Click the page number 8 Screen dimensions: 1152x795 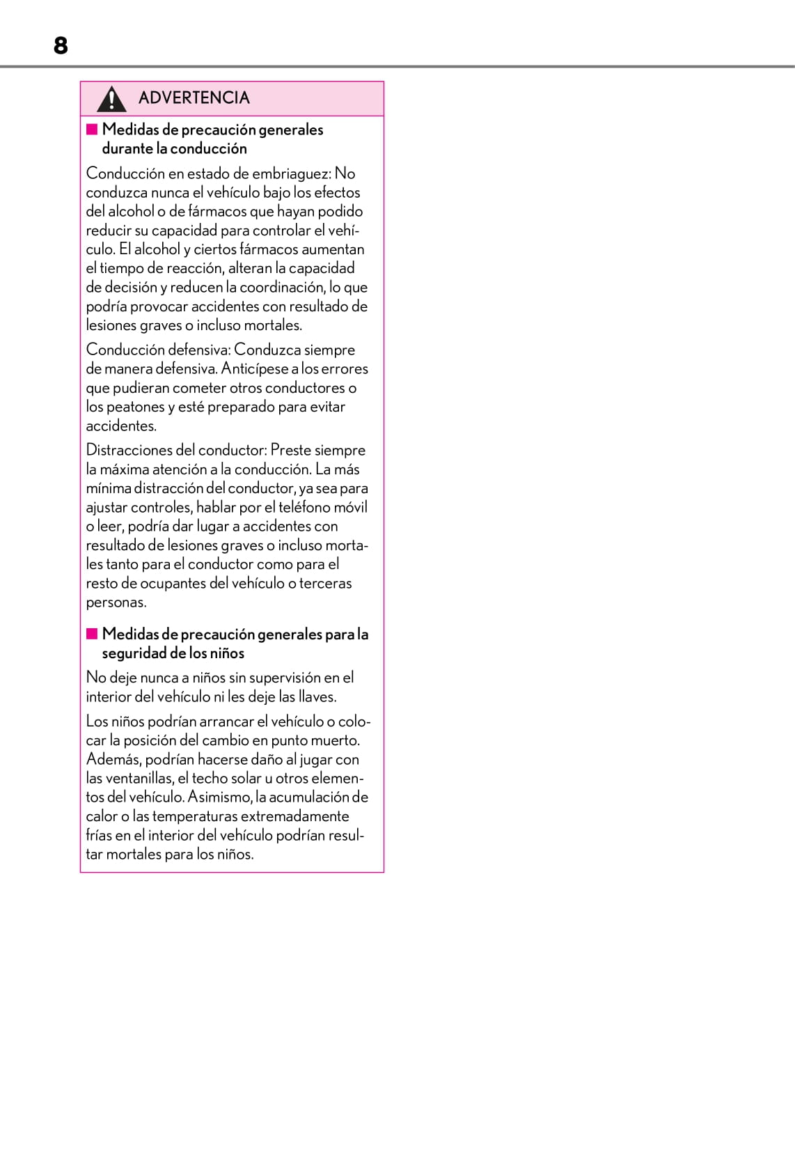pos(61,46)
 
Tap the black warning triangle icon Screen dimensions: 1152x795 pos(111,99)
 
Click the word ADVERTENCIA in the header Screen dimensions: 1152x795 pos(194,98)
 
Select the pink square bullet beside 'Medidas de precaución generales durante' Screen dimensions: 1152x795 pos(92,129)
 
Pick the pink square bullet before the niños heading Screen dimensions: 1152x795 pos(92,633)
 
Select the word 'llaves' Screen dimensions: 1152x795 pos(317,696)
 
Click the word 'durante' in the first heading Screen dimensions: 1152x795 pos(127,148)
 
